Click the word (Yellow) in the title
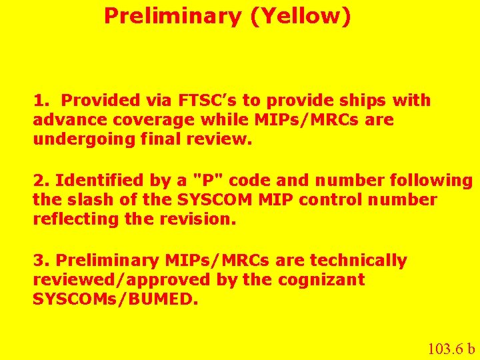click(x=301, y=16)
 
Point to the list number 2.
click(x=41, y=180)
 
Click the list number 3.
click(x=41, y=261)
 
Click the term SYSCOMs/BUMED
click(x=115, y=299)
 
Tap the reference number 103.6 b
click(x=451, y=348)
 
